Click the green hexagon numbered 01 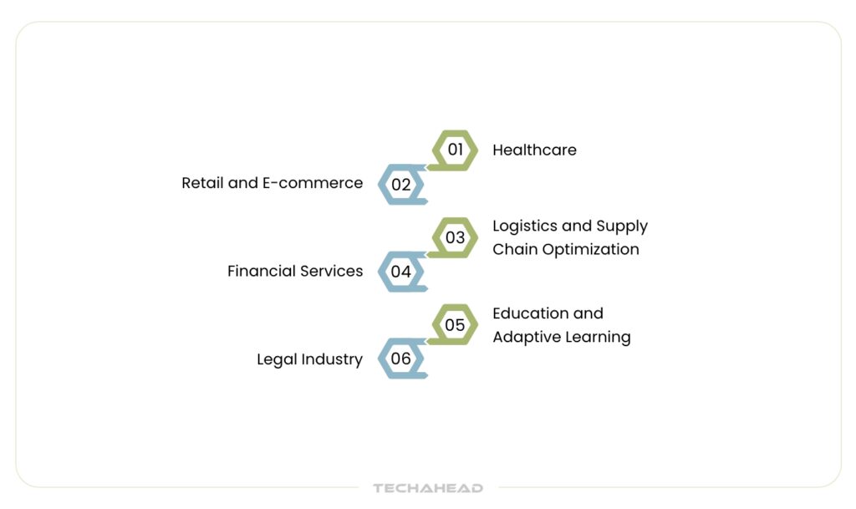click(x=455, y=150)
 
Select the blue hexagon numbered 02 click(x=401, y=185)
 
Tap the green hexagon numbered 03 click(x=455, y=238)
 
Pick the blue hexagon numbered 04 click(x=401, y=272)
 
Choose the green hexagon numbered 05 click(x=455, y=324)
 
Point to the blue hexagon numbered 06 click(x=401, y=359)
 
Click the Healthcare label click(x=534, y=150)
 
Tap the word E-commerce click(x=313, y=183)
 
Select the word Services click(x=331, y=271)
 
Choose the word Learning click(x=598, y=338)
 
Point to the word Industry click(x=332, y=359)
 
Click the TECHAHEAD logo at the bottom click(x=428, y=488)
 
